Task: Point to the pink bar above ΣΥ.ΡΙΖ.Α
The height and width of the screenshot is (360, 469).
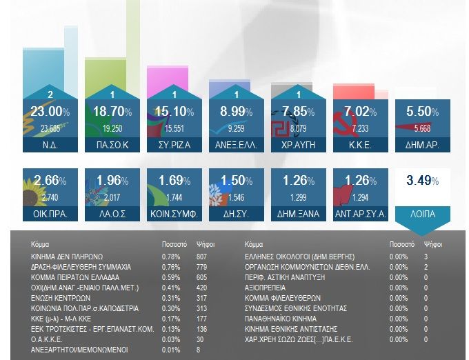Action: coord(167,82)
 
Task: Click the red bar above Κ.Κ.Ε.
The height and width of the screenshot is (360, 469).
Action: coord(353,92)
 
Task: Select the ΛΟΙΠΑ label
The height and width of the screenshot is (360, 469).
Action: coord(423,214)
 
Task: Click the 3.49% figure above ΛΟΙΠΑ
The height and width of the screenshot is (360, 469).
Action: coord(423,181)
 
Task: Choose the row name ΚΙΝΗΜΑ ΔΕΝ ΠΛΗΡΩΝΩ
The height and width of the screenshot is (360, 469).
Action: coord(67,257)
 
